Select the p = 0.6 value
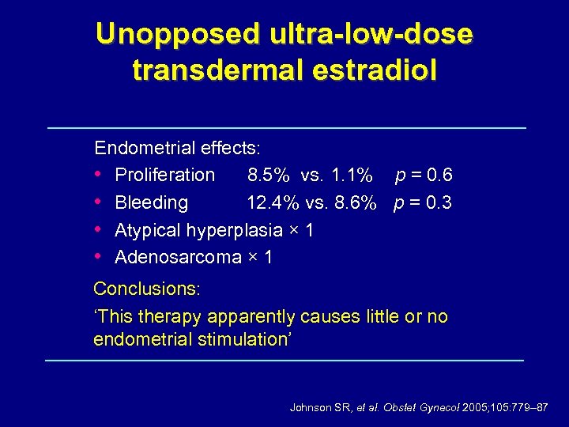[424, 175]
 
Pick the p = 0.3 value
[423, 202]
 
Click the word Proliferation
[164, 175]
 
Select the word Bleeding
[151, 202]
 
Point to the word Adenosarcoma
[178, 257]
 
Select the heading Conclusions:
[147, 289]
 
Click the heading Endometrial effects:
[178, 148]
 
